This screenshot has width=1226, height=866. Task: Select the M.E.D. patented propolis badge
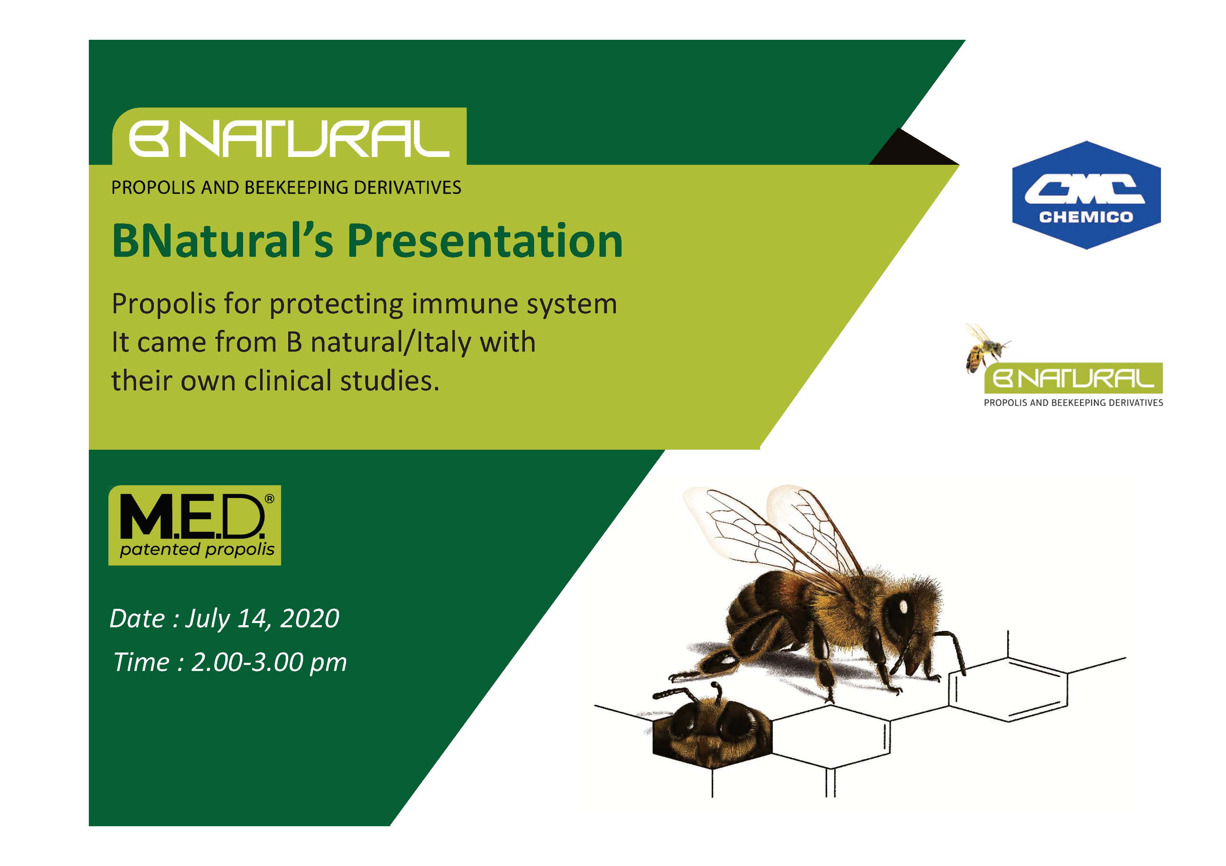click(194, 525)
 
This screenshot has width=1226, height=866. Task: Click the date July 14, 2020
click(262, 619)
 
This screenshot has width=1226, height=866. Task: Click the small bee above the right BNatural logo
click(985, 348)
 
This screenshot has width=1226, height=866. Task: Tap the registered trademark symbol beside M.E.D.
click(270, 498)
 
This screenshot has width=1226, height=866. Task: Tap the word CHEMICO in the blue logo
click(1086, 217)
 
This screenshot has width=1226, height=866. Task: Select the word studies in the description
click(390, 381)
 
